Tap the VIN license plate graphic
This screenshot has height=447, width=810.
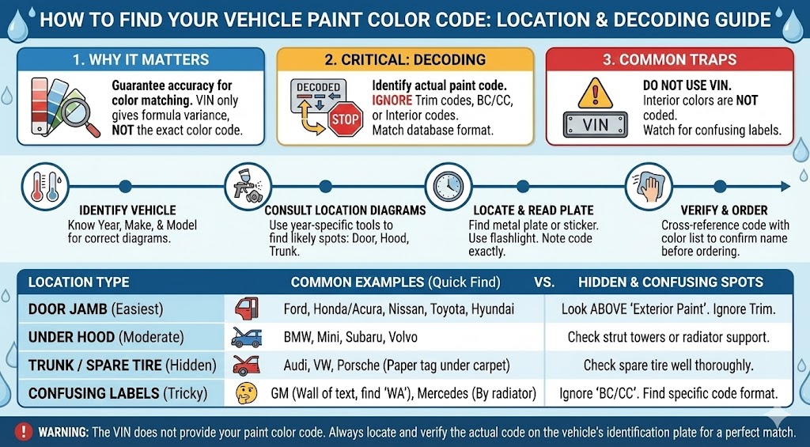(595, 125)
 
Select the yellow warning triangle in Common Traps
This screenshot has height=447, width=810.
(595, 93)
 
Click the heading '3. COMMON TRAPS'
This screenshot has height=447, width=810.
(670, 60)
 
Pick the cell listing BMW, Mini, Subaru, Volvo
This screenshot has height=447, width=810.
(350, 337)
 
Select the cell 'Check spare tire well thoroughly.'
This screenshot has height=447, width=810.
(668, 365)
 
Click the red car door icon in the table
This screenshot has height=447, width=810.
(245, 309)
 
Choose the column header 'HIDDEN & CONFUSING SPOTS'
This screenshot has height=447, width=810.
(671, 282)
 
